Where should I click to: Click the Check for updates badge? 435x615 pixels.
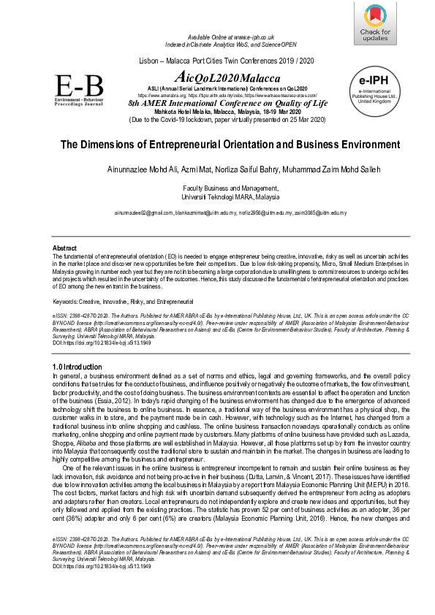[375, 23]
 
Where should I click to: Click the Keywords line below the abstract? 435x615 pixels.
[123, 301]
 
